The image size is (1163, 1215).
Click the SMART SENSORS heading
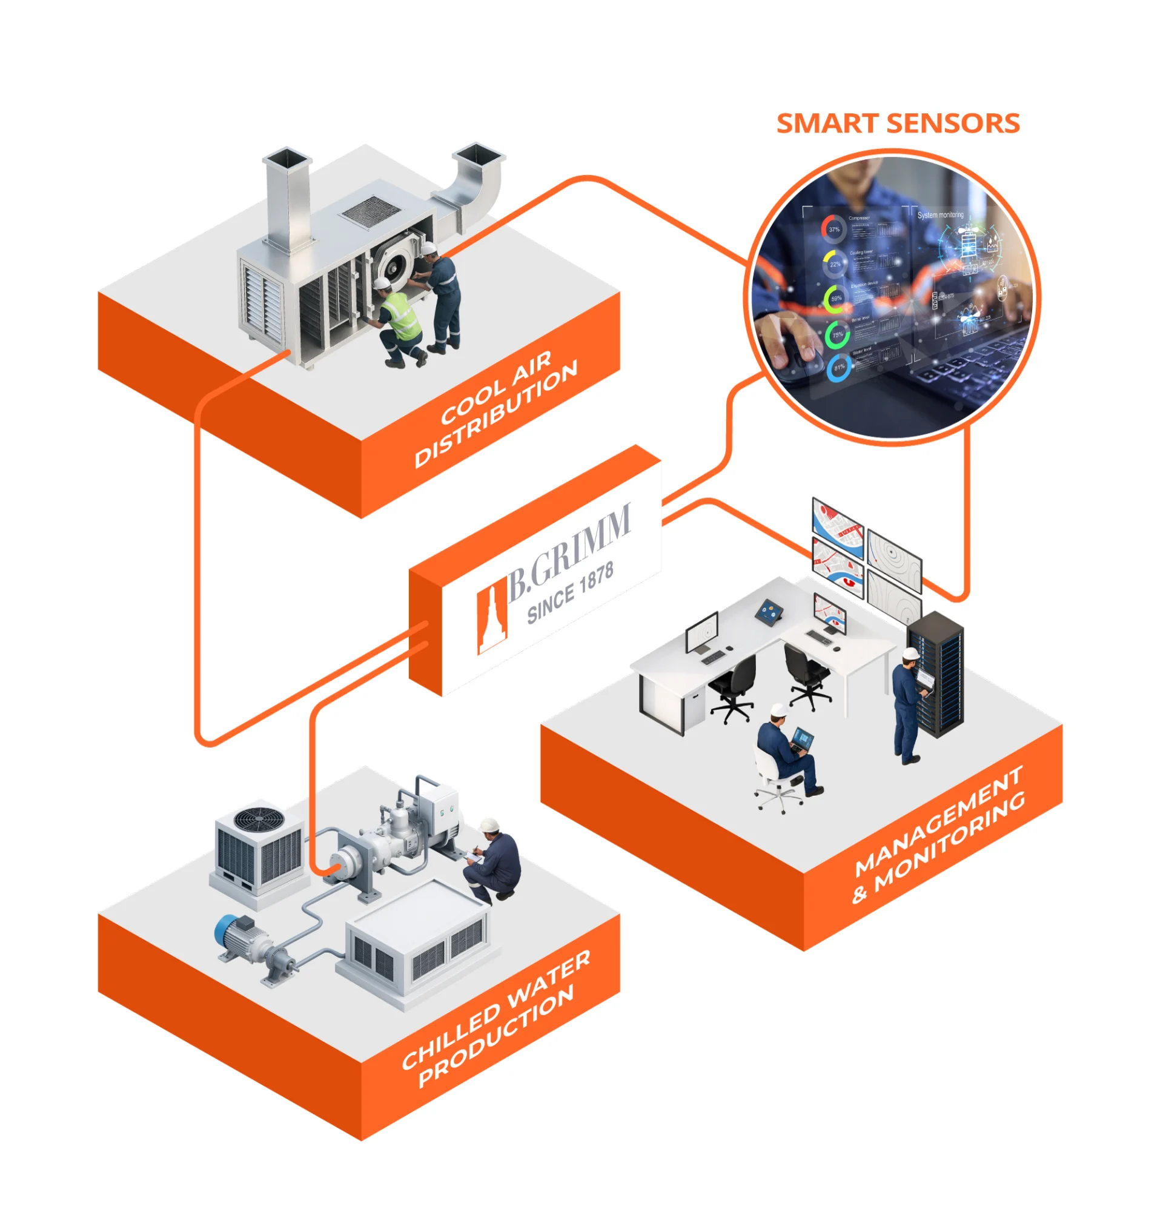[x=898, y=124]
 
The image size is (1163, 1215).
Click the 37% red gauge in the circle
[x=833, y=230]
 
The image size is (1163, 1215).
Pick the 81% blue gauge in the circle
[x=838, y=368]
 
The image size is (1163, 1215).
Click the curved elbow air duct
[x=475, y=180]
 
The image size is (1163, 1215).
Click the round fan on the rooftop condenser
[x=259, y=818]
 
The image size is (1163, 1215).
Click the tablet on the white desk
[x=769, y=611]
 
